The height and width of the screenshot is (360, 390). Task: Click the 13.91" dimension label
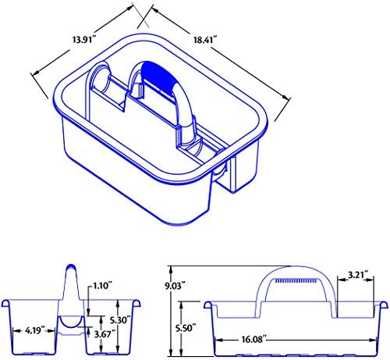click(84, 40)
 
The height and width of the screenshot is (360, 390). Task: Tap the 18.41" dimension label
click(205, 40)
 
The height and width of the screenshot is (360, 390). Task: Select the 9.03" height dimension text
click(176, 286)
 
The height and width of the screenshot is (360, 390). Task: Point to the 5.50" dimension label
click(186, 328)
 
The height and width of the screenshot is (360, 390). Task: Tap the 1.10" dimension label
click(102, 286)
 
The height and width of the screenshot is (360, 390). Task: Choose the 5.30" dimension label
click(120, 319)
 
